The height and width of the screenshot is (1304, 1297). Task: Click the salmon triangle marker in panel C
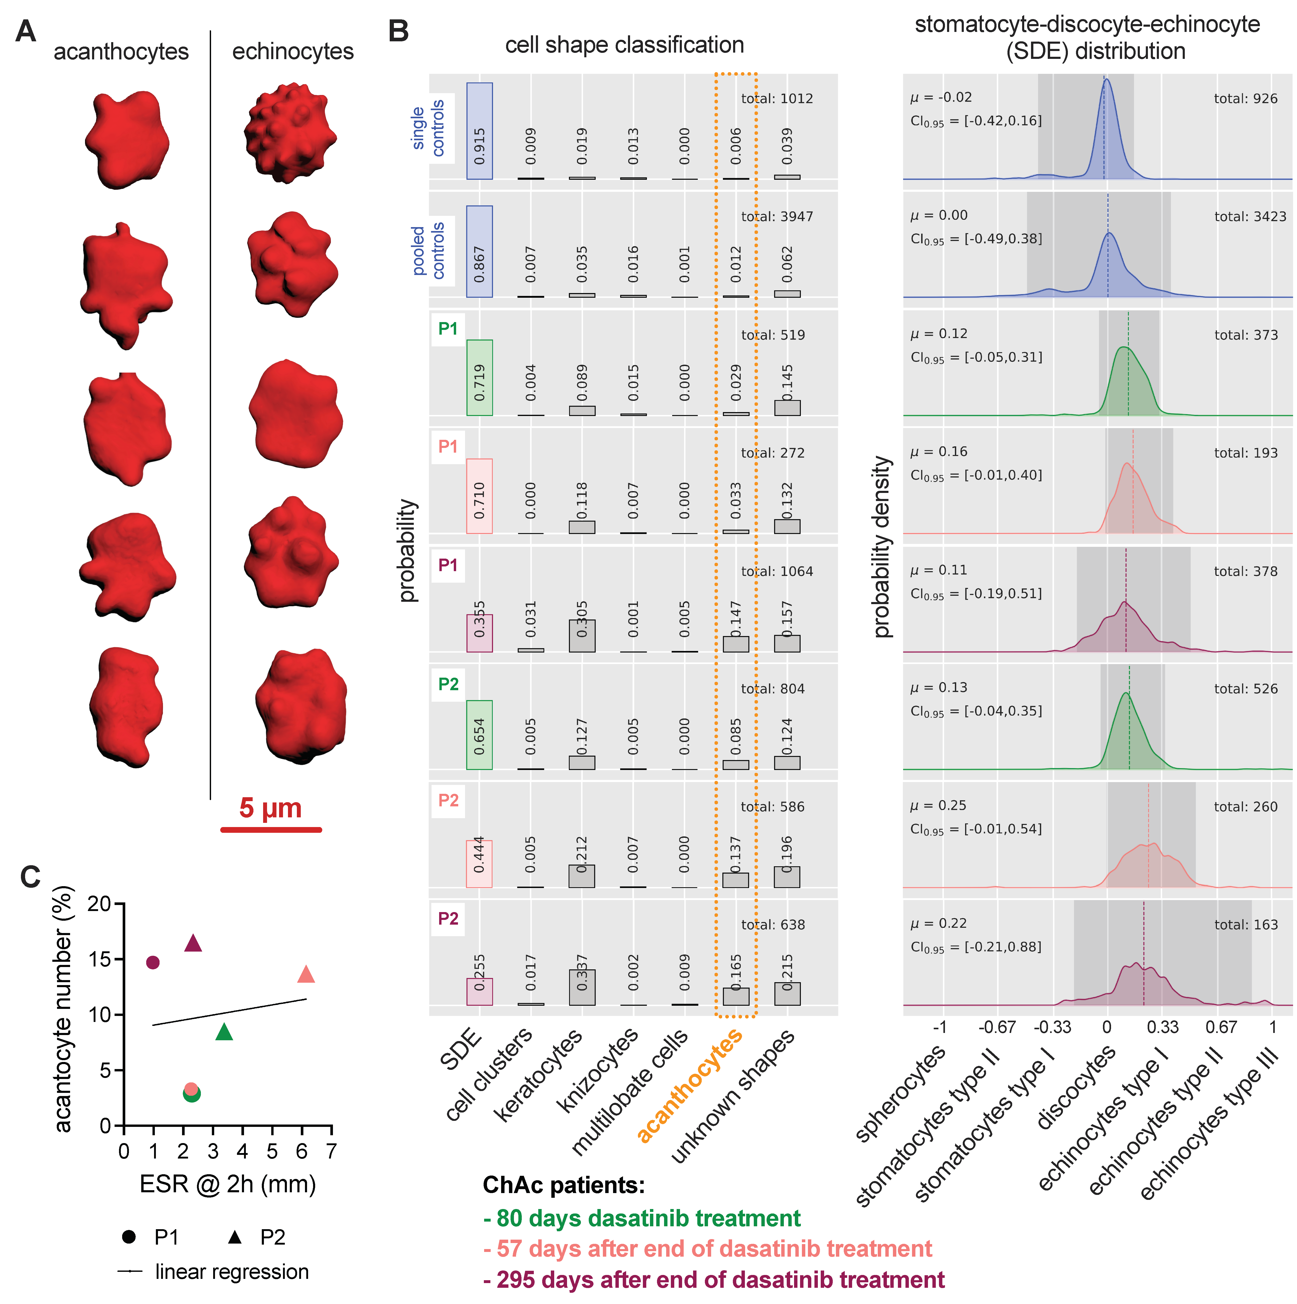(x=306, y=974)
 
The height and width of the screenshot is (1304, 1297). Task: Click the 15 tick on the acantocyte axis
(x=101, y=959)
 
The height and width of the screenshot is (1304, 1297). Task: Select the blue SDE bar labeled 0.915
(x=479, y=131)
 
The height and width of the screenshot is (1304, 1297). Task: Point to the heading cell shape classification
(x=624, y=45)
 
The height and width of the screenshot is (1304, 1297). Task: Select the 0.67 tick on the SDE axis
(x=1221, y=1027)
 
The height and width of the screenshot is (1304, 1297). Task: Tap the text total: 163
(x=1246, y=925)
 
